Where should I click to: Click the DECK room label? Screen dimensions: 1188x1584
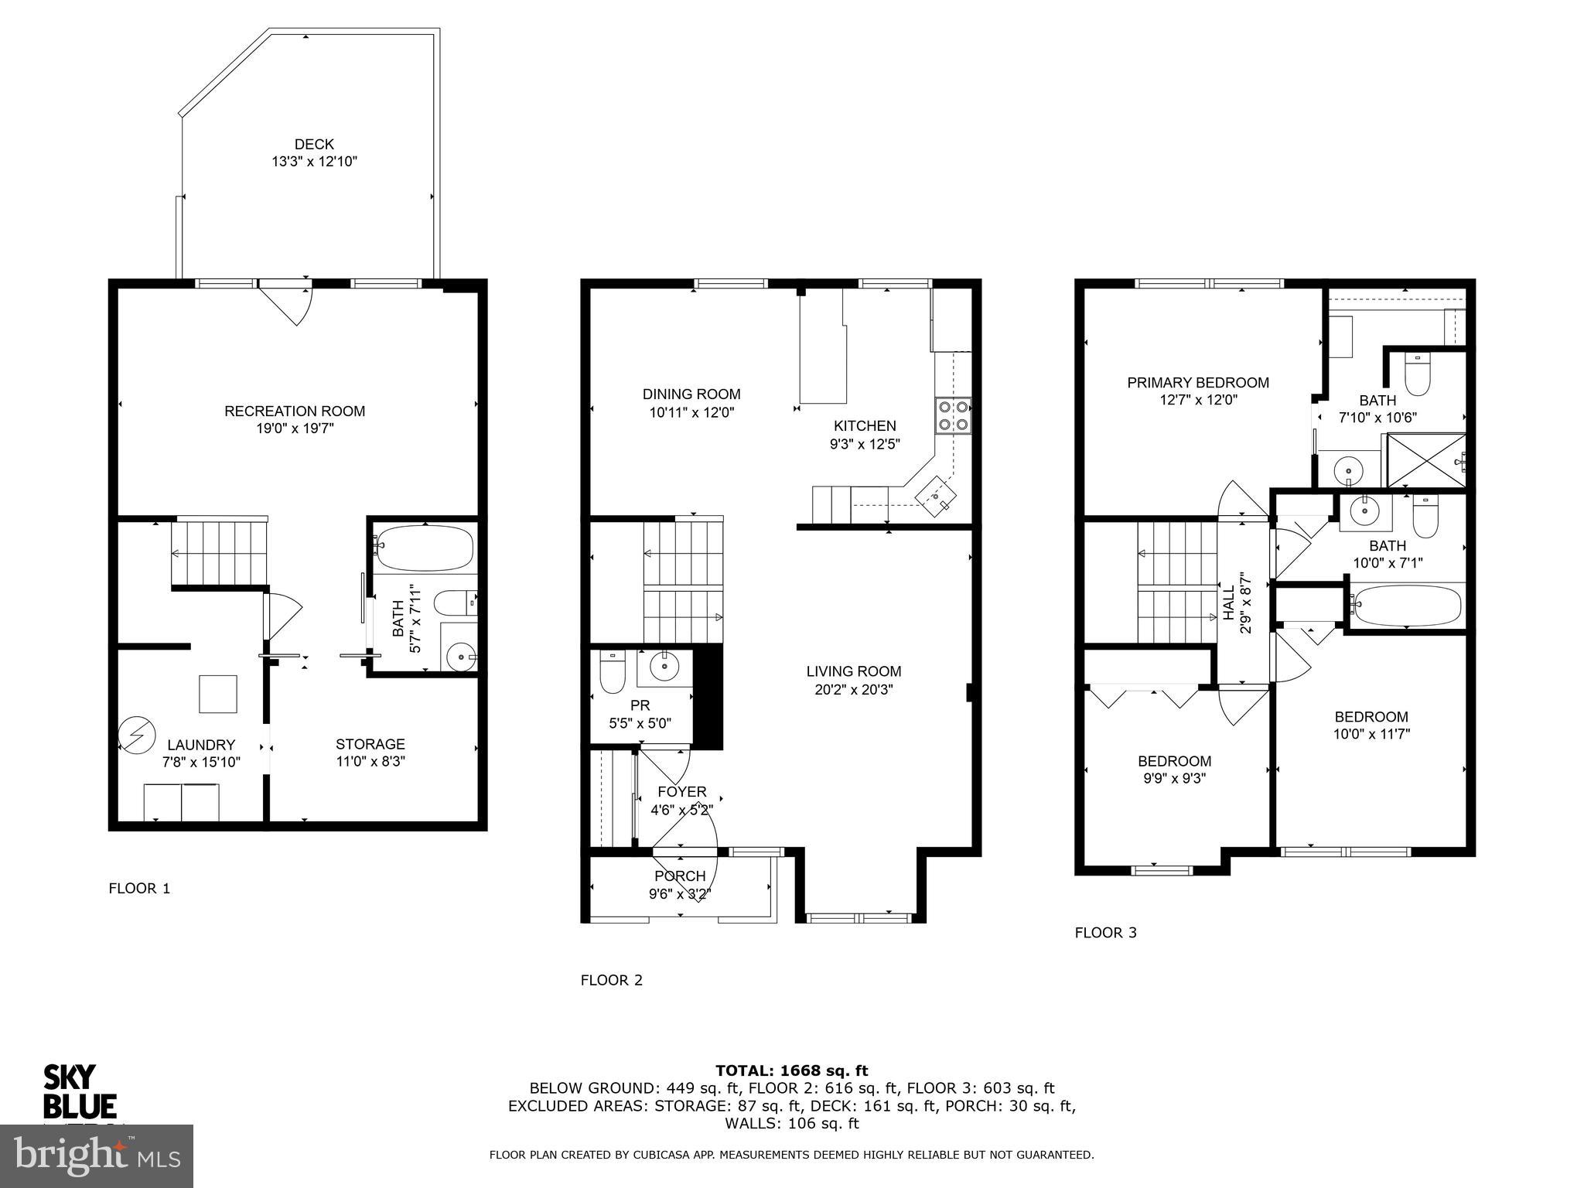coord(314,144)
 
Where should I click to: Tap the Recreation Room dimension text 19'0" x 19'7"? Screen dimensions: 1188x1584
coord(295,428)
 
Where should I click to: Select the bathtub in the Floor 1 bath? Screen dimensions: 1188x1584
coord(423,548)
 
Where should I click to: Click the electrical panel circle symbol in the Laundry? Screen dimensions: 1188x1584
coord(136,736)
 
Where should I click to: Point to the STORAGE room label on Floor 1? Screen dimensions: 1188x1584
coord(370,744)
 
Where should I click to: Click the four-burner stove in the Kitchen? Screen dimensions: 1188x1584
coord(954,415)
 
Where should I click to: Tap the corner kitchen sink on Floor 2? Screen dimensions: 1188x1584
coord(937,495)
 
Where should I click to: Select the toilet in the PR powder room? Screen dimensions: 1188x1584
coord(612,674)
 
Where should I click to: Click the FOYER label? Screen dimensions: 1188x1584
coord(681,792)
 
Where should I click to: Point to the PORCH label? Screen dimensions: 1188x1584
coord(680,876)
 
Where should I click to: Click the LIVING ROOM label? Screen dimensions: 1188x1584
coord(854,671)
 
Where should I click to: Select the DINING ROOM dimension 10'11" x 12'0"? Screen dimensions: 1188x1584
coord(691,412)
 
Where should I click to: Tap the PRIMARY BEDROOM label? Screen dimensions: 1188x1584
coord(1197,382)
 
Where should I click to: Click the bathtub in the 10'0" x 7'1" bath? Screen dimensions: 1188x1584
coord(1406,604)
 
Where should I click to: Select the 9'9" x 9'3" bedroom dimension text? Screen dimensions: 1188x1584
coord(1174,779)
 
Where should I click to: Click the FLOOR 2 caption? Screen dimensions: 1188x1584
coord(611,980)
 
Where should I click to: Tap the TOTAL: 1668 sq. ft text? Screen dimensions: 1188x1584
coord(791,1070)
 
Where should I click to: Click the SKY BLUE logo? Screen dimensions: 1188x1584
coord(79,1092)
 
